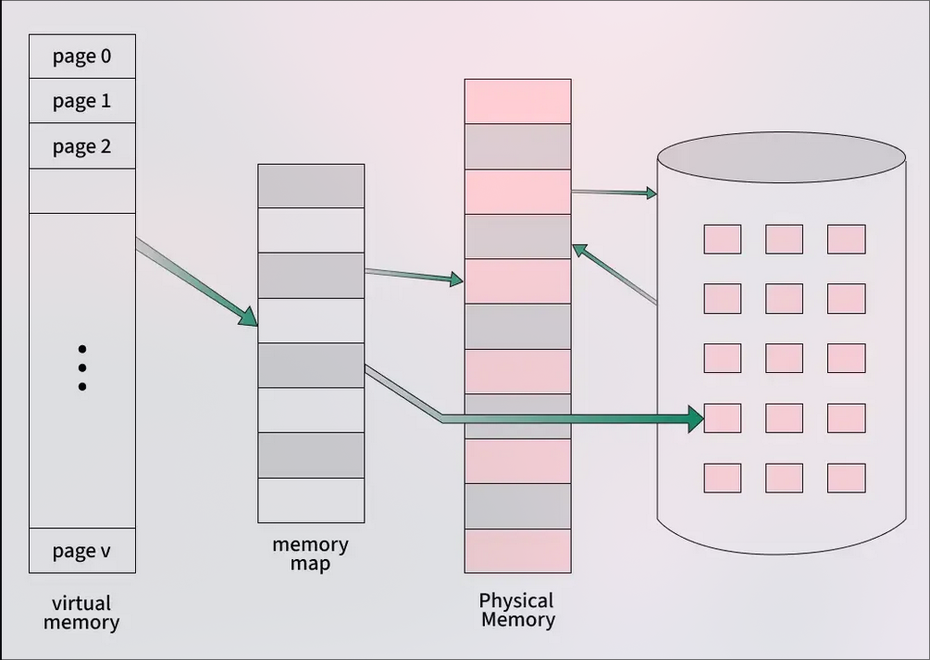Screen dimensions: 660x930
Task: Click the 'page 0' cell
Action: pyautogui.click(x=82, y=56)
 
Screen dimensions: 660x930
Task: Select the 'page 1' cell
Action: pyautogui.click(x=82, y=101)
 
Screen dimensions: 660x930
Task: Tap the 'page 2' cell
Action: pyautogui.click(x=82, y=146)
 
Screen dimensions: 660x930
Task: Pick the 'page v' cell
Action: pyautogui.click(x=82, y=552)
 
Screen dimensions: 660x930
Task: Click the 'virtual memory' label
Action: pyautogui.click(x=81, y=613)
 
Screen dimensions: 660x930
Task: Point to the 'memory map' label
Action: pyautogui.click(x=310, y=554)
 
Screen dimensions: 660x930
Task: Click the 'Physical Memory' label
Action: pyautogui.click(x=517, y=610)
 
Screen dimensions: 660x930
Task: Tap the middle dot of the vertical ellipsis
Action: pyautogui.click(x=82, y=367)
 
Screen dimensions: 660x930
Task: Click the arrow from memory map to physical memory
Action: pyautogui.click(x=413, y=275)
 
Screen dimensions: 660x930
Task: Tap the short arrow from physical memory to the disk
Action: pyautogui.click(x=614, y=193)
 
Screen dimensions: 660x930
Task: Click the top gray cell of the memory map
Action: pyautogui.click(x=311, y=186)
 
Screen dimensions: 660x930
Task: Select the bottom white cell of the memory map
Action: pyautogui.click(x=311, y=500)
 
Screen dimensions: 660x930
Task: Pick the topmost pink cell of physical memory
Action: pyautogui.click(x=517, y=101)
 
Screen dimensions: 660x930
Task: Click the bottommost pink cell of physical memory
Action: pyautogui.click(x=517, y=550)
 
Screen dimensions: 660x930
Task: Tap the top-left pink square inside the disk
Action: pyautogui.click(x=722, y=239)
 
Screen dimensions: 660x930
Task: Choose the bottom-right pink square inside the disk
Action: pyautogui.click(x=846, y=478)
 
